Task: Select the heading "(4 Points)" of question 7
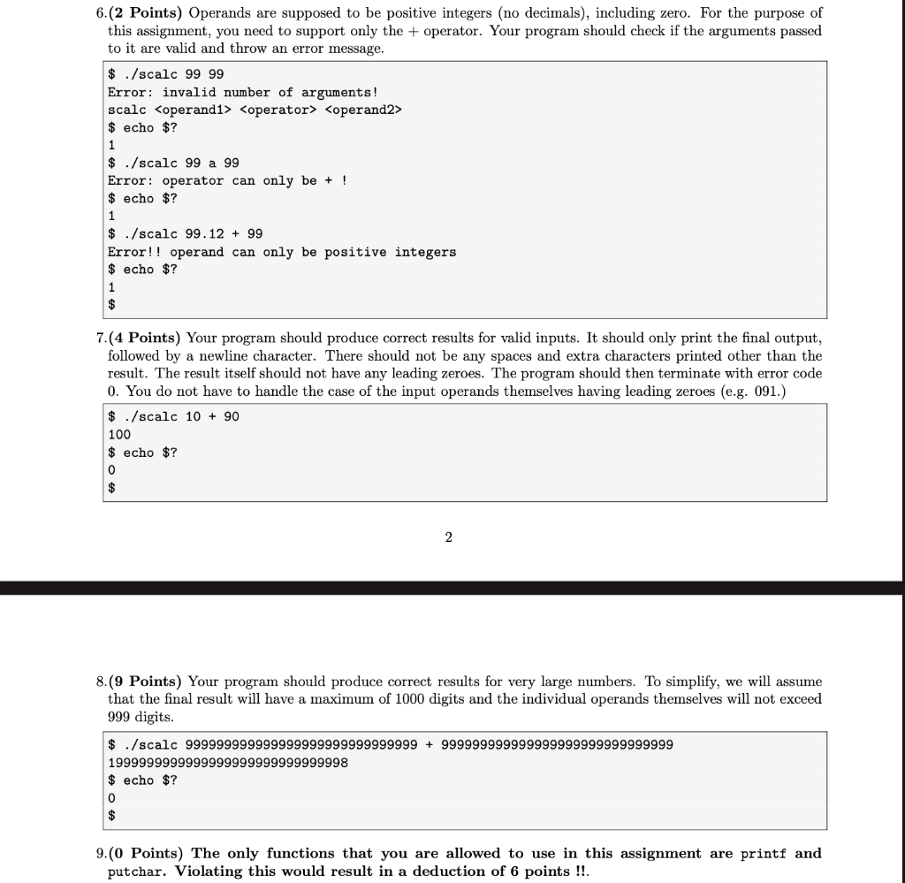(145, 338)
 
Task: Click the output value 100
(119, 434)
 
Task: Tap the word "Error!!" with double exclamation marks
(134, 252)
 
